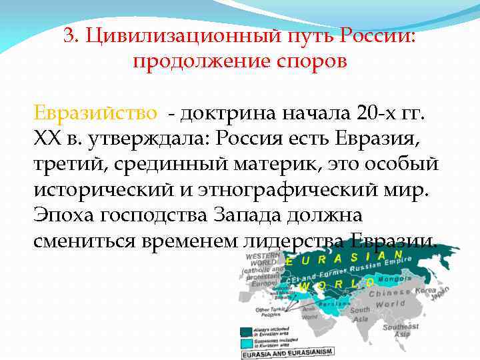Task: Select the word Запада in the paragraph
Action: coord(243,215)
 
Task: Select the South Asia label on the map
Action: coord(361,315)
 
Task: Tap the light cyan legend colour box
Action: coord(247,341)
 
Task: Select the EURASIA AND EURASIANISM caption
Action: coord(283,354)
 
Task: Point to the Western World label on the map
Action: coord(263,259)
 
